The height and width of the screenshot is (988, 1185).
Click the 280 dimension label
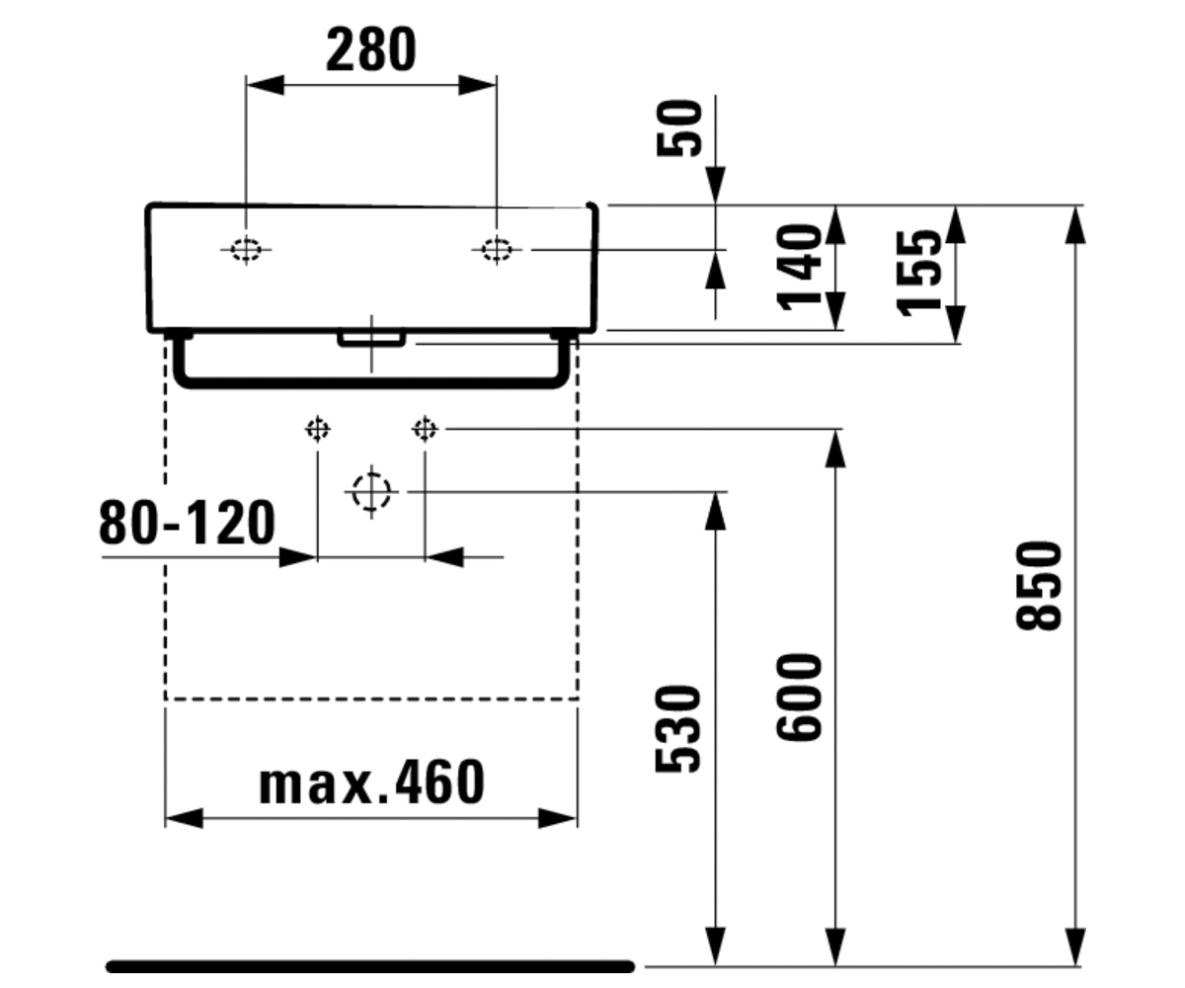click(371, 49)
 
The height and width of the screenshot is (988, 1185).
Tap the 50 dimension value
click(678, 127)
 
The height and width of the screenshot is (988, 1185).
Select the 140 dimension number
click(799, 268)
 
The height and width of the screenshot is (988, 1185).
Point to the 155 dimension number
click(918, 273)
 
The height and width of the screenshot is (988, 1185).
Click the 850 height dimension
click(1038, 586)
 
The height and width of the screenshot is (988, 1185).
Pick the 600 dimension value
click(799, 698)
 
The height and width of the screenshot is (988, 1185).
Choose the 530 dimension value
click(678, 729)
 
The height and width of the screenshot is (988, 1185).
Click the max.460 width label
click(371, 783)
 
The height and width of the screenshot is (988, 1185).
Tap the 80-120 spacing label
click(188, 523)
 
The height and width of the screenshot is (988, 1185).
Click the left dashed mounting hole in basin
click(246, 249)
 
